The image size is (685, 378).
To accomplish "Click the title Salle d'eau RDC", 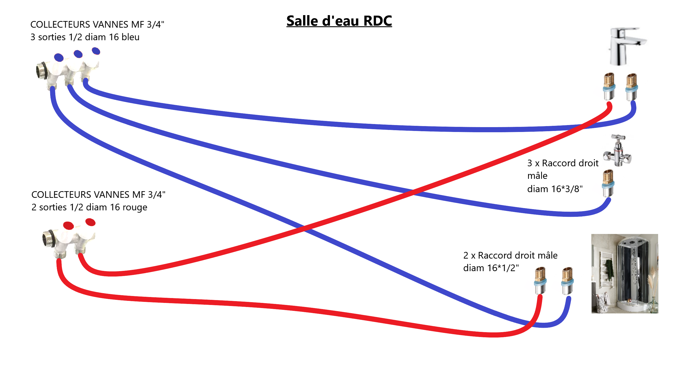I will [339, 21].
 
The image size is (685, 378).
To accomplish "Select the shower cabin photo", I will [625, 273].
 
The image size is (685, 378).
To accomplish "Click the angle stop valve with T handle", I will [618, 151].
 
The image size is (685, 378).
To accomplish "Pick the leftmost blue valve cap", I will [59, 57].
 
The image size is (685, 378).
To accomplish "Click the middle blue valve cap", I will [78, 54].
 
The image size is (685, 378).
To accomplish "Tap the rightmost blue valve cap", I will [96, 51].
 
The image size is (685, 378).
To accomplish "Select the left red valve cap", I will [68, 226].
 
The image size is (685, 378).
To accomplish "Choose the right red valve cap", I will [90, 222].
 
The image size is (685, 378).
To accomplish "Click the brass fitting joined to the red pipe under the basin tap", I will [609, 87].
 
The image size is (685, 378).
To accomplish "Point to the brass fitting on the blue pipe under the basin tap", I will [631, 87].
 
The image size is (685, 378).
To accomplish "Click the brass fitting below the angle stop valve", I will [608, 184].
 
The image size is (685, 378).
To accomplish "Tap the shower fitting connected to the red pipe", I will [540, 281].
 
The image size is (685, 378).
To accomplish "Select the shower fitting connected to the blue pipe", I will [567, 281].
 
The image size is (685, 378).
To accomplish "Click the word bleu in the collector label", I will [130, 37].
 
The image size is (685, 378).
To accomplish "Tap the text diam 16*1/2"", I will [491, 268].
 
